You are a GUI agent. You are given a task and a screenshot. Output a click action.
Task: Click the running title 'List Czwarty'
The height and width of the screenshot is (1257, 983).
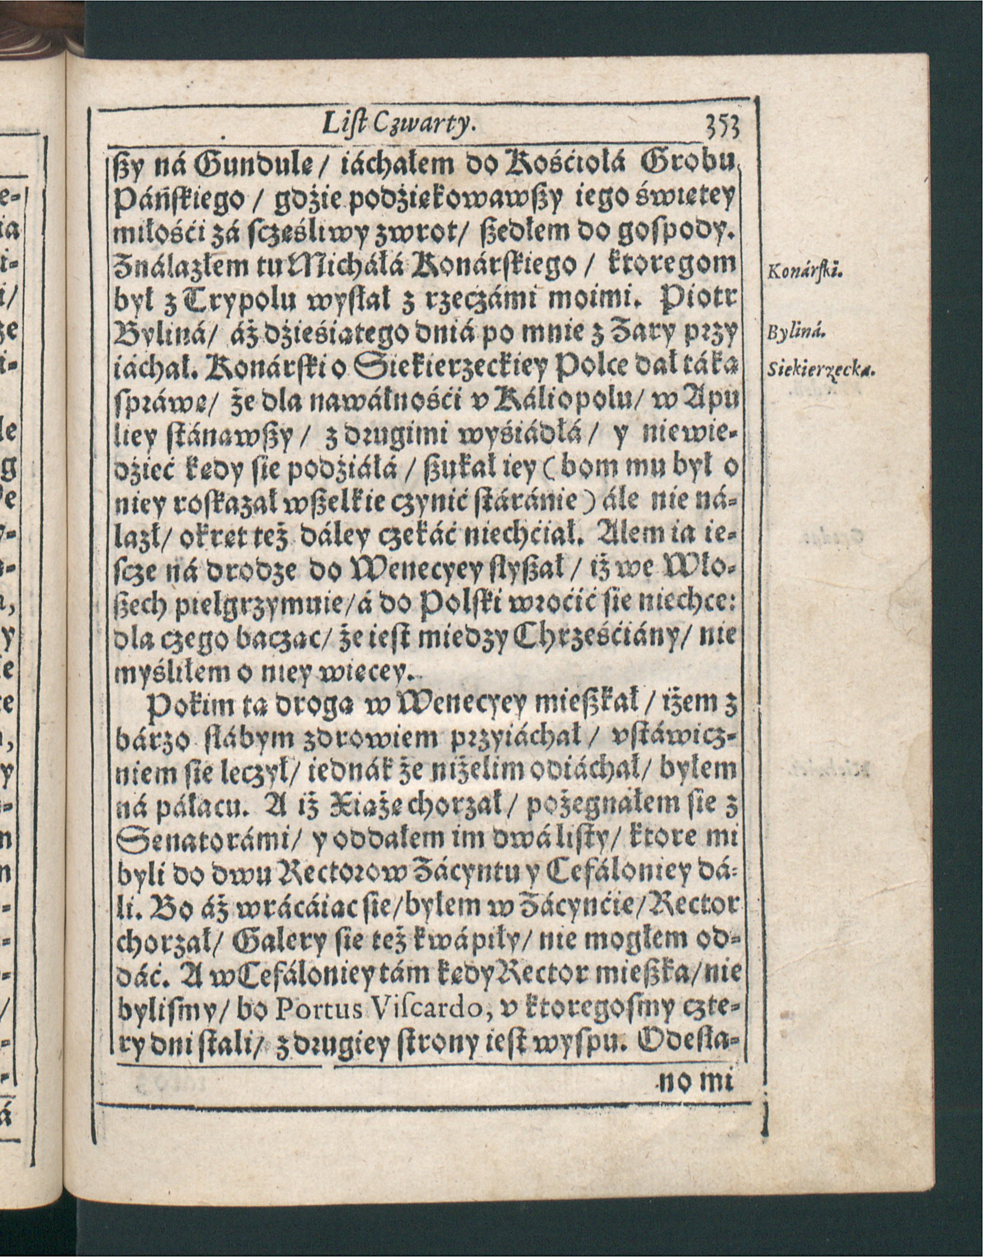(x=399, y=138)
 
